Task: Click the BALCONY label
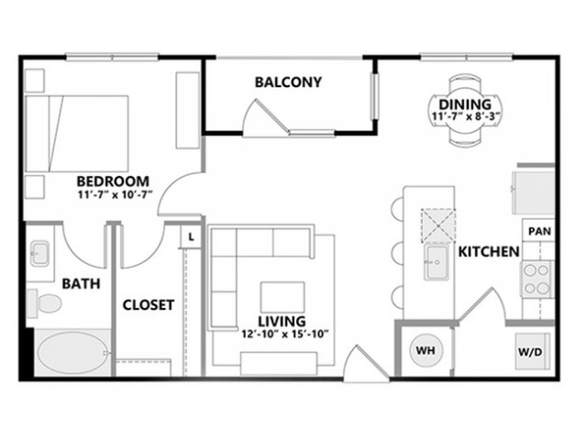click(x=288, y=82)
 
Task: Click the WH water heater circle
click(x=426, y=350)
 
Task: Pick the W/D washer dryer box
click(x=531, y=352)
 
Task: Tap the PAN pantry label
click(x=539, y=231)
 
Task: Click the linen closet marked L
click(x=191, y=236)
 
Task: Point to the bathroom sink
click(x=39, y=253)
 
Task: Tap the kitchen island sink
click(x=437, y=263)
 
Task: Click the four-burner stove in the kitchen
click(x=537, y=280)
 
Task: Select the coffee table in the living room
click(x=282, y=297)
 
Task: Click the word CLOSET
click(x=149, y=305)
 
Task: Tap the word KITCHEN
click(x=489, y=252)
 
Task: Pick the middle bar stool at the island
click(x=397, y=253)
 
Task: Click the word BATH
click(x=81, y=283)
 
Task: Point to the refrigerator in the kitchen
click(x=533, y=192)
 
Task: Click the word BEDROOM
click(x=113, y=181)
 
